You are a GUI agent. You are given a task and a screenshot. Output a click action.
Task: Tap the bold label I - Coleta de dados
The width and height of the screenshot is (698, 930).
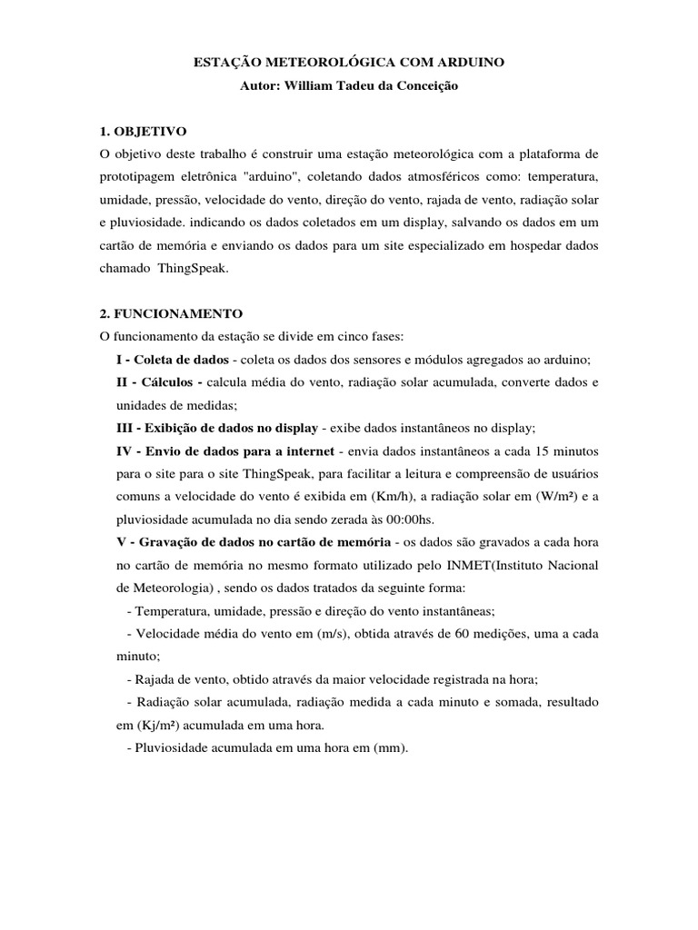(172, 360)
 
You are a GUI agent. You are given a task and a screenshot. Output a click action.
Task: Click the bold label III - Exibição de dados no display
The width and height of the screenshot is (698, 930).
(216, 428)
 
